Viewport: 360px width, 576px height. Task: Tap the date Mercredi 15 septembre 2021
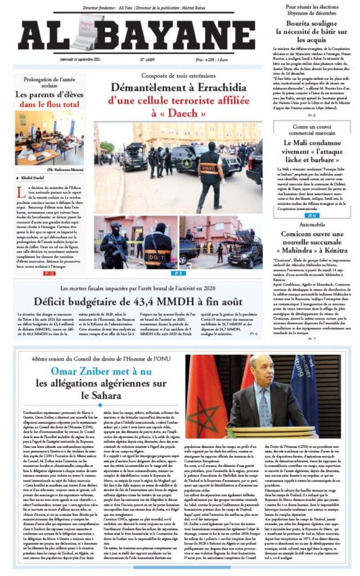point(80,58)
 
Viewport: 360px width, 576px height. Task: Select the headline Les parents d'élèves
point(50,94)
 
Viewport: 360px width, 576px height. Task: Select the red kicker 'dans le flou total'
point(50,104)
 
